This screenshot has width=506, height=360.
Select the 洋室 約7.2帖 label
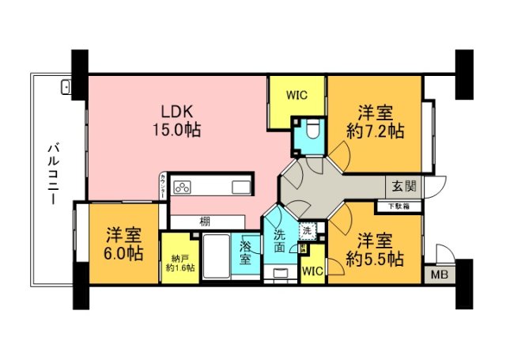(375, 121)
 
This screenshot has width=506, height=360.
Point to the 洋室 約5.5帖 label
(375, 248)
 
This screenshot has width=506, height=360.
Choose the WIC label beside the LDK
(296, 96)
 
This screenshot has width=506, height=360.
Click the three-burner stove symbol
(183, 187)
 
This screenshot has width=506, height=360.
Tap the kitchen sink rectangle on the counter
(241, 187)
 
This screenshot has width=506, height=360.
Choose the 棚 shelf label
(204, 222)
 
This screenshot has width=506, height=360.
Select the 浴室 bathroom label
(247, 253)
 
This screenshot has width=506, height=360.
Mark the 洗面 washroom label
(281, 241)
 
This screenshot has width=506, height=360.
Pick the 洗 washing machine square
(306, 231)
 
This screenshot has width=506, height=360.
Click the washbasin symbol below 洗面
(281, 274)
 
